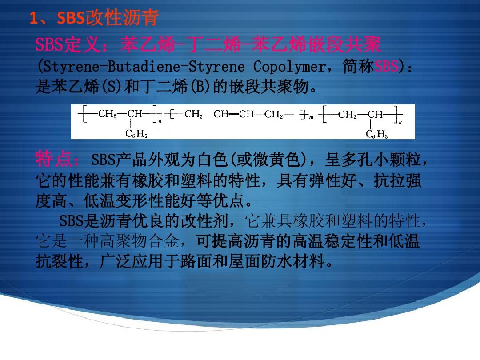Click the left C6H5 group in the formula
(136, 133)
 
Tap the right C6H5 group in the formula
(376, 134)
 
